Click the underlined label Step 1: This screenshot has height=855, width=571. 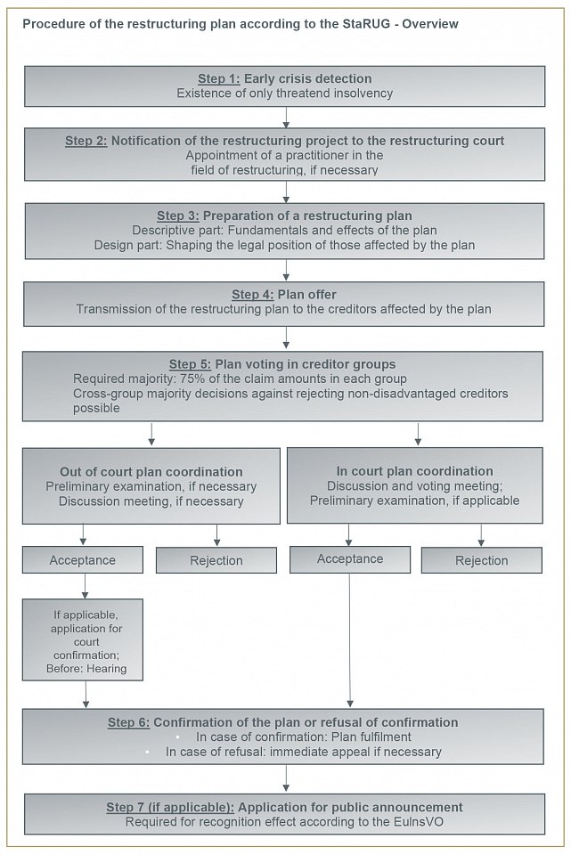click(219, 78)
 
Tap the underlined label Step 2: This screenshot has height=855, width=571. click(86, 141)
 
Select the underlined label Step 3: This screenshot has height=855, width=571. click(178, 216)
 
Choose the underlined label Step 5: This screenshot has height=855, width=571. click(190, 363)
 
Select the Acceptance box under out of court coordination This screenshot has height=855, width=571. click(82, 559)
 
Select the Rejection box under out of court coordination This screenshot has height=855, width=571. click(216, 560)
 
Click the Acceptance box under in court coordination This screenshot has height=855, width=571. click(349, 559)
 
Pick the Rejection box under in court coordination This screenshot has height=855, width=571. click(481, 560)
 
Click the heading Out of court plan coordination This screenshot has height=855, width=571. click(151, 472)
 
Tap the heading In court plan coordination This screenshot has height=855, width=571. click(414, 471)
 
